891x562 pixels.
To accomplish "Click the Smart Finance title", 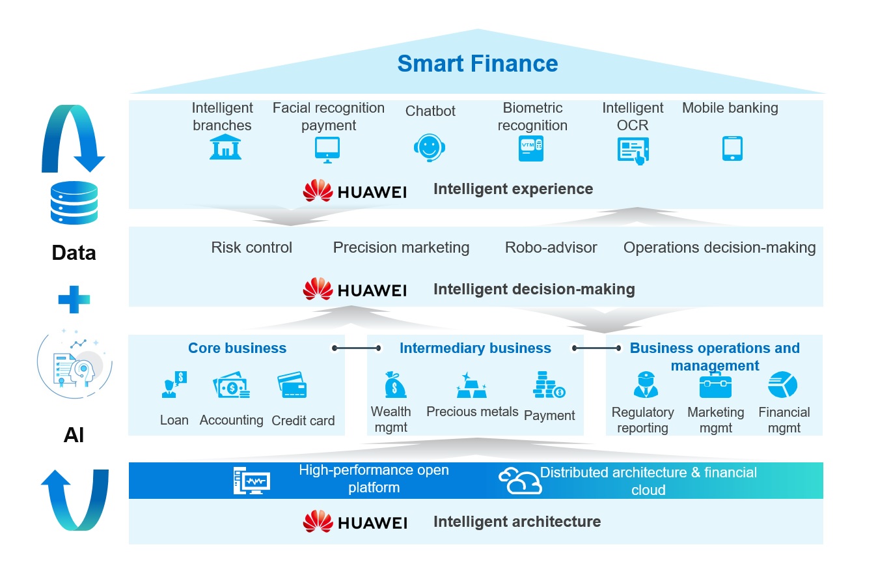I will coord(477,64).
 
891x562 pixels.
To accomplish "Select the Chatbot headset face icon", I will coord(429,148).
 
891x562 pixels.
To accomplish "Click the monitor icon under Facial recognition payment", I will coord(327,150).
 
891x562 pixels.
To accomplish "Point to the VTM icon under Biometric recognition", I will coord(530,149).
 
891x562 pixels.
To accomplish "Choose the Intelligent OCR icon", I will coord(633,150).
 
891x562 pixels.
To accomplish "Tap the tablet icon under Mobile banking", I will coord(732,148).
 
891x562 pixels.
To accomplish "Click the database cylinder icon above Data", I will coord(74,203).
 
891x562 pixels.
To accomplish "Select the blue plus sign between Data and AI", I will coord(74,300).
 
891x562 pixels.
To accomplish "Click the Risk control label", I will coord(252,247).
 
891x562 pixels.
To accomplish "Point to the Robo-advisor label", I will coord(551,247).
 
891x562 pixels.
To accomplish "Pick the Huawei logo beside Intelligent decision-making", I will coord(355,289).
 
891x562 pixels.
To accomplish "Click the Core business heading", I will coord(237,348).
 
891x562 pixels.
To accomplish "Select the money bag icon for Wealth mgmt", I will coord(395,385).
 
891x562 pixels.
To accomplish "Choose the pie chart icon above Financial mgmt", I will coord(783,385).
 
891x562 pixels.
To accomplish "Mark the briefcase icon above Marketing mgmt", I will coord(715,386).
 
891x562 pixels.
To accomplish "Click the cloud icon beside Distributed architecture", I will coord(519,481).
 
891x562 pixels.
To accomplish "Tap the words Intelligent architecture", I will coord(517,522).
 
